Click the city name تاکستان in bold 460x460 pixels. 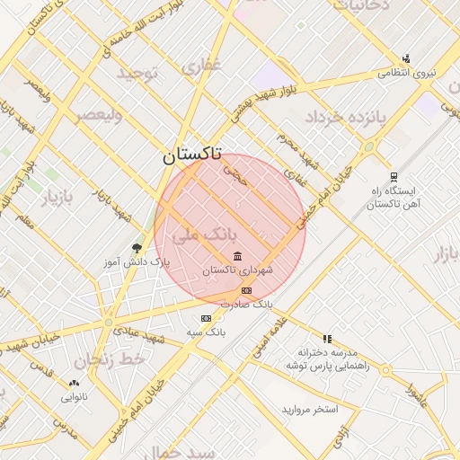[193, 155]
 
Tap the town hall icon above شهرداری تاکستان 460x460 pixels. [237, 258]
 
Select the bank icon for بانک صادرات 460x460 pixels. [246, 290]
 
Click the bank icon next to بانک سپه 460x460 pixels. [206, 318]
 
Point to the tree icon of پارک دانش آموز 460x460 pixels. [137, 247]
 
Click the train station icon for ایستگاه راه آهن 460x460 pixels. [394, 176]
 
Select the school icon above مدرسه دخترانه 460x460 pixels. [328, 339]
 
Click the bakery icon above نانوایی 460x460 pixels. [74, 382]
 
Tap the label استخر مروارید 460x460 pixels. [310, 410]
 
